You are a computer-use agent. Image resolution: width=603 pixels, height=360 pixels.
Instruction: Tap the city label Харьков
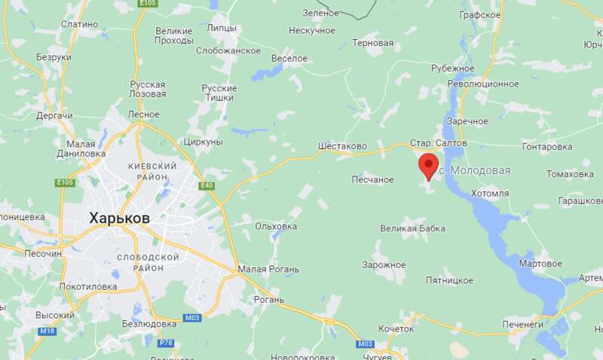click(x=119, y=218)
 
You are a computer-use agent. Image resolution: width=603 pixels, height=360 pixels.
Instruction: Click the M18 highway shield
click(x=47, y=331)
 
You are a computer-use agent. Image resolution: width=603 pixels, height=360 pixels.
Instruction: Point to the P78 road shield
click(x=167, y=343)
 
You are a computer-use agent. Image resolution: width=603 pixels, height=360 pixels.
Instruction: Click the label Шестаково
click(x=342, y=146)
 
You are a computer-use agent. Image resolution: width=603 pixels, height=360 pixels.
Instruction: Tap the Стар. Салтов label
click(x=439, y=142)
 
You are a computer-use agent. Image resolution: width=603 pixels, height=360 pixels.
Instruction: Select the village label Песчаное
click(x=373, y=179)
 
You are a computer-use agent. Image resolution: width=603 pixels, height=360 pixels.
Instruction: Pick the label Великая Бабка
click(x=412, y=228)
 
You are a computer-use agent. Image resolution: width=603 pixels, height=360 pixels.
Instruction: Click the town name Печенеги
click(x=523, y=325)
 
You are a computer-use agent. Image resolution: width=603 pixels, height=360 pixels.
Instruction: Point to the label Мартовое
click(x=541, y=264)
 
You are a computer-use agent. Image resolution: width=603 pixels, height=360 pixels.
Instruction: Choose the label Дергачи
click(x=54, y=116)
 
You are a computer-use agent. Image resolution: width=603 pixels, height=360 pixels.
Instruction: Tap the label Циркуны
click(x=203, y=142)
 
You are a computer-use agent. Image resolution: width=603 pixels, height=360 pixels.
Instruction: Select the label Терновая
click(x=372, y=43)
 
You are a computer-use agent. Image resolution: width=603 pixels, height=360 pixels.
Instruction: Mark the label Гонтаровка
click(x=547, y=146)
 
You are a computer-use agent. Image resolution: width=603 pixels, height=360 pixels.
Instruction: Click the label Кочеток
click(x=396, y=329)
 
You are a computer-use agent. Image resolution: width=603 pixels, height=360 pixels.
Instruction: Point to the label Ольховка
click(x=276, y=226)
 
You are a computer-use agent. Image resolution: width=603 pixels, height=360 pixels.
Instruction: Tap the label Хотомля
click(x=490, y=194)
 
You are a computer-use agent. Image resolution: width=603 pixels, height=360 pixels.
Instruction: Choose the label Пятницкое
click(x=448, y=280)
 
